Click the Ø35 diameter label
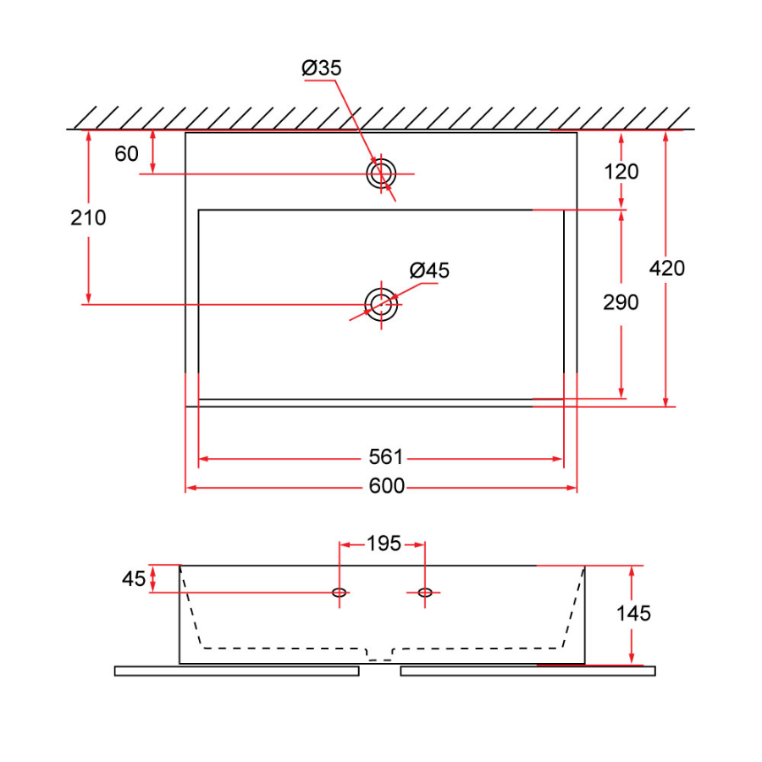point(322,69)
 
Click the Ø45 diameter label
point(429,271)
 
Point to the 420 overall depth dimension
point(666,268)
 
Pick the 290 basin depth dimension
point(621,302)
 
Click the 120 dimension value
point(621,172)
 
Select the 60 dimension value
point(126,153)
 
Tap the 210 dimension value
point(88,218)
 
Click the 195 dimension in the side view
point(384,544)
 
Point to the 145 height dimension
point(633,613)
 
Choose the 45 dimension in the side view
point(134,579)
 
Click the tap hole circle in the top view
point(379,173)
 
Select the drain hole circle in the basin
point(381,303)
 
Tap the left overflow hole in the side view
point(340,593)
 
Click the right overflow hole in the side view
point(425,593)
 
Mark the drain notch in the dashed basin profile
point(379,654)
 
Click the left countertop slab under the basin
point(236,671)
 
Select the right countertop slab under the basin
point(527,671)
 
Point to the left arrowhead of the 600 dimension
point(190,488)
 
